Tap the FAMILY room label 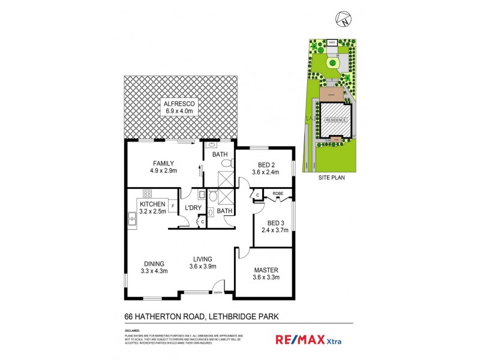click(163, 163)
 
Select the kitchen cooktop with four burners click(146, 194)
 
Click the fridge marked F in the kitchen click(173, 206)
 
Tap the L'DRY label click(193, 208)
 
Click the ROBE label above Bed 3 click(278, 194)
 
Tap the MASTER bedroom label click(266, 269)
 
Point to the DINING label click(154, 263)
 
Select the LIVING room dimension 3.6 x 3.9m click(203, 266)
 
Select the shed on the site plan click(332, 43)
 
